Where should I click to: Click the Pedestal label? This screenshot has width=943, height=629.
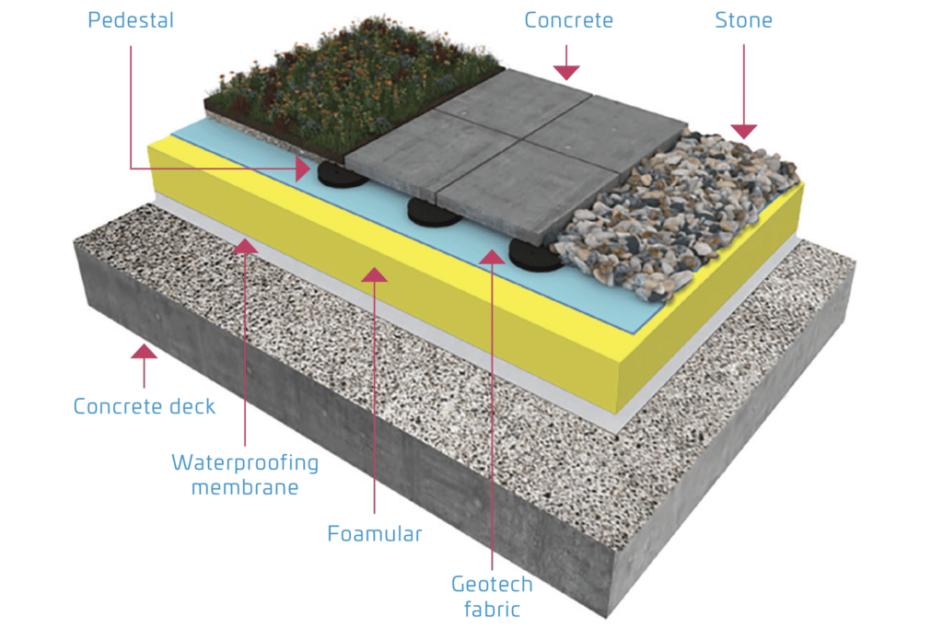point(130,19)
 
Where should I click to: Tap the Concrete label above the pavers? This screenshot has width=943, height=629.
point(568,19)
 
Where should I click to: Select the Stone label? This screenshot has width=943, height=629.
point(743,19)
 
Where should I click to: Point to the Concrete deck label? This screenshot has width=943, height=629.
point(144,406)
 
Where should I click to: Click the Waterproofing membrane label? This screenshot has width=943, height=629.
point(245,474)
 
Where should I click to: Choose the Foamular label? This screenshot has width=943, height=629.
point(375,533)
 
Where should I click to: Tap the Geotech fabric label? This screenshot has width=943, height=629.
point(492,596)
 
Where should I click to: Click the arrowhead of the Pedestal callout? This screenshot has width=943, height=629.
point(303,168)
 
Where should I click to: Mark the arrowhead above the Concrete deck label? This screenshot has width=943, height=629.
point(144,352)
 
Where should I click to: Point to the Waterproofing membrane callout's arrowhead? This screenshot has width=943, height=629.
point(245,246)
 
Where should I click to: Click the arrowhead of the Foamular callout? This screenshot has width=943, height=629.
point(375,274)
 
